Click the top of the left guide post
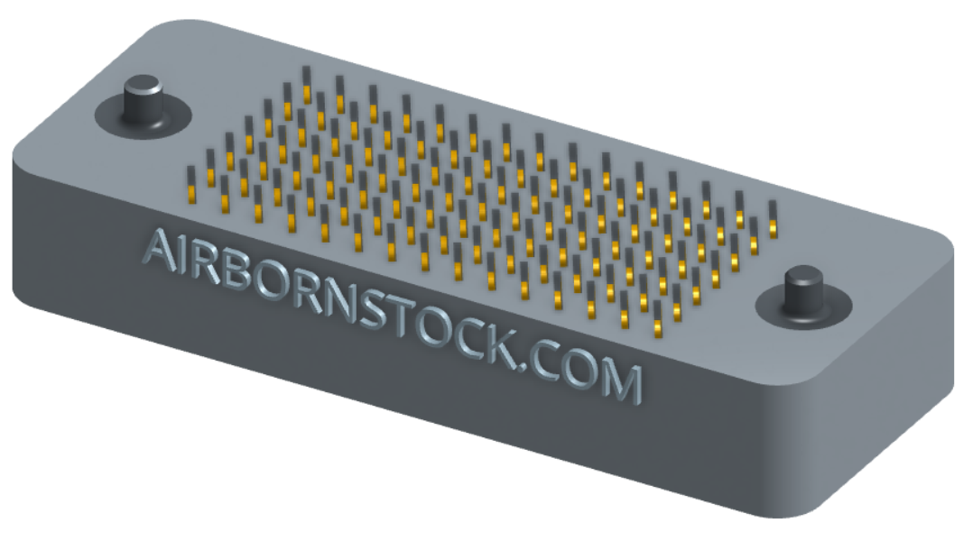[144, 85]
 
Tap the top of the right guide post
[804, 276]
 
